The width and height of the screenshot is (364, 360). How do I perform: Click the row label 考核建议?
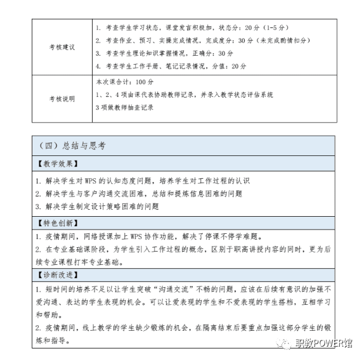[x=62, y=48]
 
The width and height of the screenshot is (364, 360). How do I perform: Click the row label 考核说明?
[x=62, y=99]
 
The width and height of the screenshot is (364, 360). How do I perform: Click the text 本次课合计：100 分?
[x=124, y=82]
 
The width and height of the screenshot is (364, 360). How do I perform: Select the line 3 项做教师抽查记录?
[x=124, y=107]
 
